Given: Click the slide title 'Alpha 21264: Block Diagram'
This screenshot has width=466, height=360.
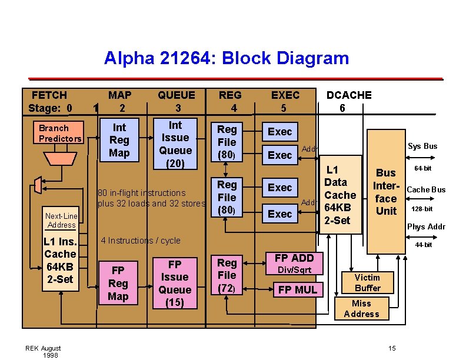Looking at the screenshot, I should (x=227, y=58).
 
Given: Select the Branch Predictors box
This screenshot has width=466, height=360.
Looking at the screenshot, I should (x=60, y=134).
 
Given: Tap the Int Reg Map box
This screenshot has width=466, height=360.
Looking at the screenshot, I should (x=119, y=140).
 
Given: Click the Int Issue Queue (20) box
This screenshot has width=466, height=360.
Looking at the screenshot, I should (x=175, y=145).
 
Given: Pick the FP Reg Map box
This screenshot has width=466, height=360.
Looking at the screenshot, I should (x=118, y=283).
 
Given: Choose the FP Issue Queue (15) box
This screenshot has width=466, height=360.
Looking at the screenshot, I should (x=175, y=283).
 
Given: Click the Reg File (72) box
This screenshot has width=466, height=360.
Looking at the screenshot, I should (x=227, y=275).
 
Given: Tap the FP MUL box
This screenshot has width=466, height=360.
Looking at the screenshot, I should (x=297, y=289).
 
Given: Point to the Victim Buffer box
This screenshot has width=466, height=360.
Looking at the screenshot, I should (x=367, y=282).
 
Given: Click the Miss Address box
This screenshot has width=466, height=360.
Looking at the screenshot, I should (x=361, y=309).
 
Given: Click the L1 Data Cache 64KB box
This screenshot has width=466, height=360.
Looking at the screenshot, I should (x=340, y=195).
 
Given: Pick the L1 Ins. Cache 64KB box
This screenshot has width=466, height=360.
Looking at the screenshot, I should (x=61, y=261).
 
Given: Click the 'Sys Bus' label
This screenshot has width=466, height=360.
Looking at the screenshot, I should (x=422, y=146).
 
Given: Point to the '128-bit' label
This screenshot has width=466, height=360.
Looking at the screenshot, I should (x=422, y=209).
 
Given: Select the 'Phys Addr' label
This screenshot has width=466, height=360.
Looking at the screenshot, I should (x=426, y=226).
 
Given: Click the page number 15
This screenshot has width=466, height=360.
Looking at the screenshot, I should (x=392, y=348).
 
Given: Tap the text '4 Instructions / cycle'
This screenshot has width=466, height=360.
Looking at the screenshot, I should (x=141, y=240).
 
